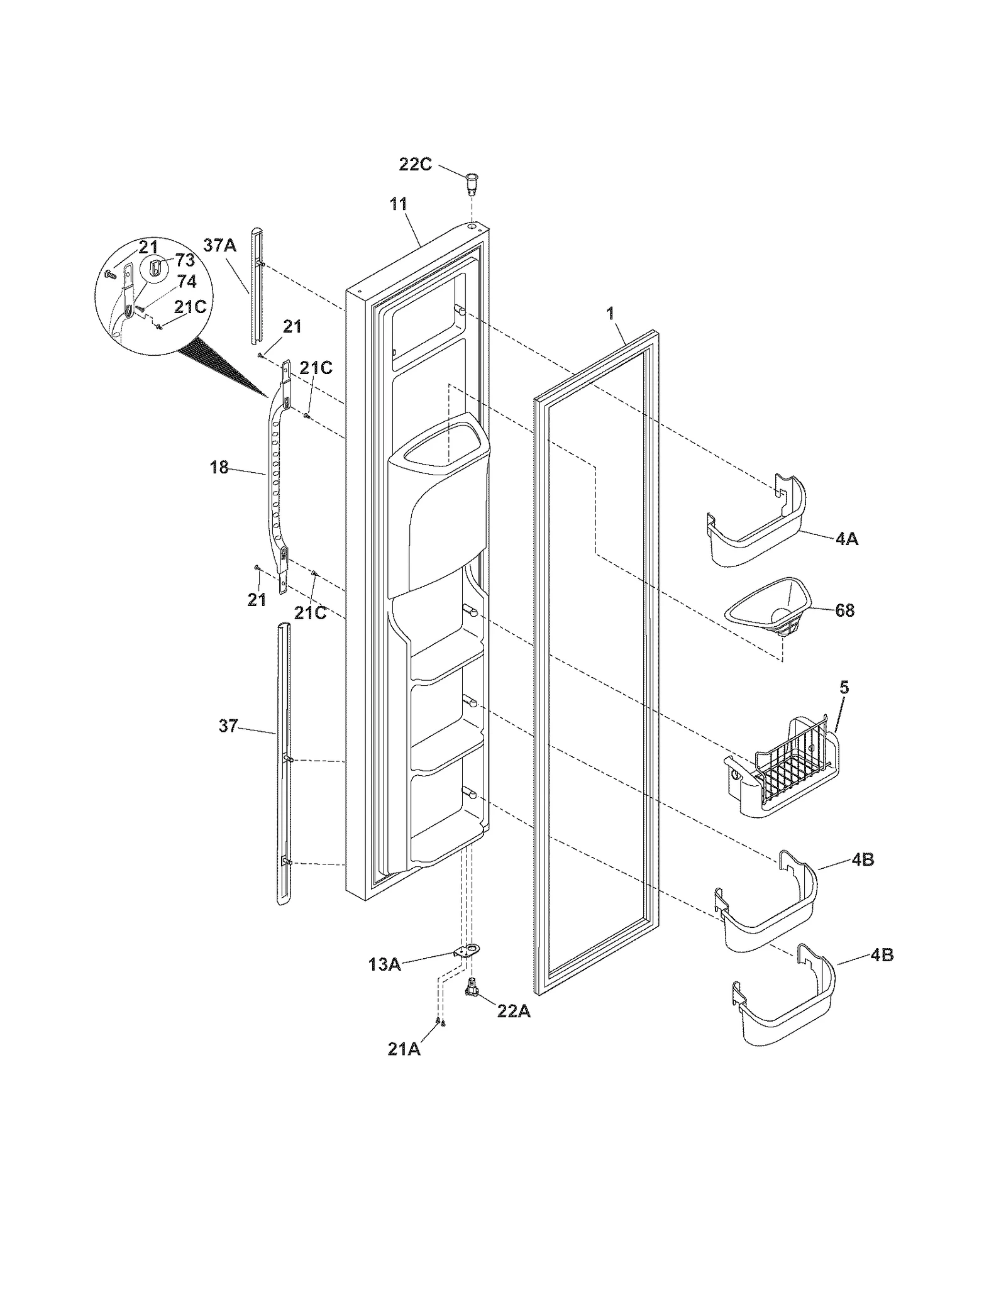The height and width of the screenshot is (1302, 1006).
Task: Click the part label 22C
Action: point(416,165)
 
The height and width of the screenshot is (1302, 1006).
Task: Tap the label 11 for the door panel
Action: point(399,204)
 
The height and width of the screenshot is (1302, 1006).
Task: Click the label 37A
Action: point(220,245)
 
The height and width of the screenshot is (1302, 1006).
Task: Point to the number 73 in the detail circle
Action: point(185,260)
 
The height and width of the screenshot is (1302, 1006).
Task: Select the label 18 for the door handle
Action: point(219,467)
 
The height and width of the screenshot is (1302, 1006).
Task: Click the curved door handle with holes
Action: point(275,478)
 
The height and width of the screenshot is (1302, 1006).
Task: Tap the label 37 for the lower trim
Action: point(228,726)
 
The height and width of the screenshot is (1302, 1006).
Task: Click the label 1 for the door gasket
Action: point(610,314)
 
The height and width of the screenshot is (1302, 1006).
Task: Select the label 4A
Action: point(847,539)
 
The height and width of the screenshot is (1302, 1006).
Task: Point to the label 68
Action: point(845,610)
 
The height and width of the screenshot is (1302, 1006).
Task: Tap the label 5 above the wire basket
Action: point(844,687)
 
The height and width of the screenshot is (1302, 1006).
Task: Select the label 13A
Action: point(385,964)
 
